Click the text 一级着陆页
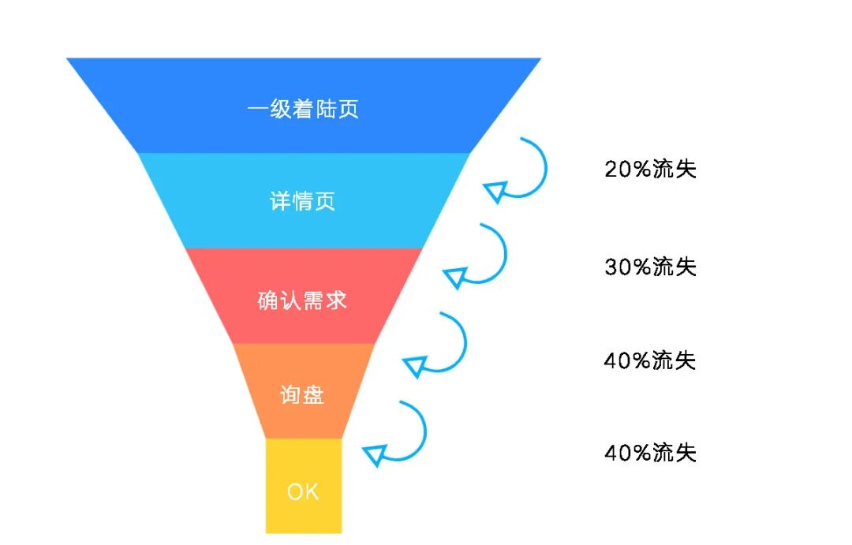point(304,109)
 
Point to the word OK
point(303,492)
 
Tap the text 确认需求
point(303,300)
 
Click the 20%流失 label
point(651,169)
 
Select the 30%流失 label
point(651,267)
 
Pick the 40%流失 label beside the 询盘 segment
point(650,360)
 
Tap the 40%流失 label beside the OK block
point(650,453)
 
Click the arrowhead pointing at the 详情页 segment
point(495,192)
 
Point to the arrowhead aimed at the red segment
point(455,278)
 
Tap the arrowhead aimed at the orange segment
point(415,365)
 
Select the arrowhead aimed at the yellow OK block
point(375,454)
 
